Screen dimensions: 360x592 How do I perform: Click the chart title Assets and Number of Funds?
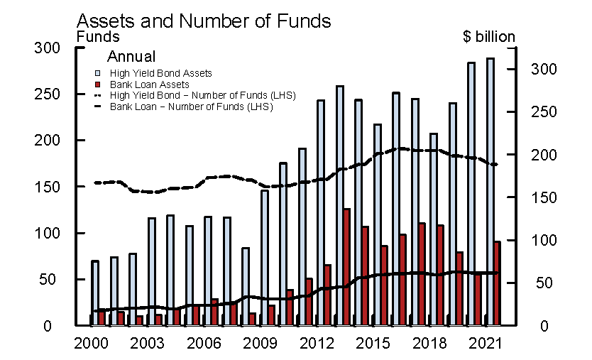point(203,21)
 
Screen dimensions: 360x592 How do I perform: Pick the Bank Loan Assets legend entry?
point(149,84)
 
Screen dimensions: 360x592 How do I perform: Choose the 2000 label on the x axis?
point(90,343)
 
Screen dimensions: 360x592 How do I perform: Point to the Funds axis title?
point(98,36)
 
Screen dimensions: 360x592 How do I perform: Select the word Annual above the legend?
point(131,57)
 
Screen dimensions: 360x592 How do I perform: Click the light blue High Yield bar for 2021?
point(490,192)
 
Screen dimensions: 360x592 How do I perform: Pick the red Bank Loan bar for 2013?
point(346,267)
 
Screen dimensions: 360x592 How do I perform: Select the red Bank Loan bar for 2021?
point(497,283)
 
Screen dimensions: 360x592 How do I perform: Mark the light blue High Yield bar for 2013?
point(340,206)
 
